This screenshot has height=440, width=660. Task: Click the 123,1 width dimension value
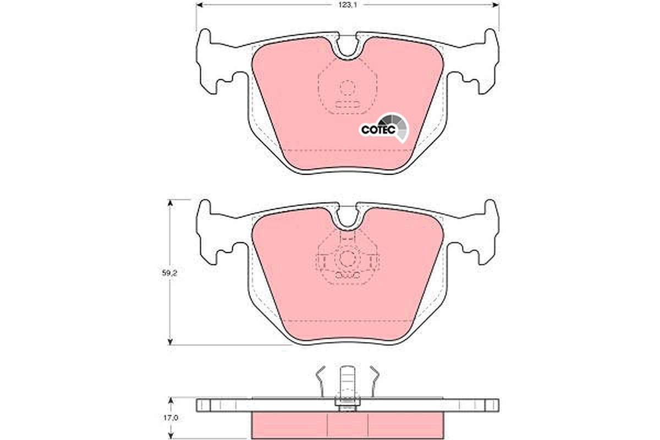pyautogui.click(x=348, y=5)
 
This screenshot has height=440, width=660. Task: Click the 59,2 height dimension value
pyautogui.click(x=169, y=273)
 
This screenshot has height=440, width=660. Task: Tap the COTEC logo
pyautogui.click(x=384, y=129)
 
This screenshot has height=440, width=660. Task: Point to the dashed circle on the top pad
pyautogui.click(x=348, y=88)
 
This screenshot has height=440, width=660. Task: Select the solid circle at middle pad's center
pyautogui.click(x=348, y=258)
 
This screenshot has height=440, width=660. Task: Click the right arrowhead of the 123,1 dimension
pyautogui.click(x=497, y=5)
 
